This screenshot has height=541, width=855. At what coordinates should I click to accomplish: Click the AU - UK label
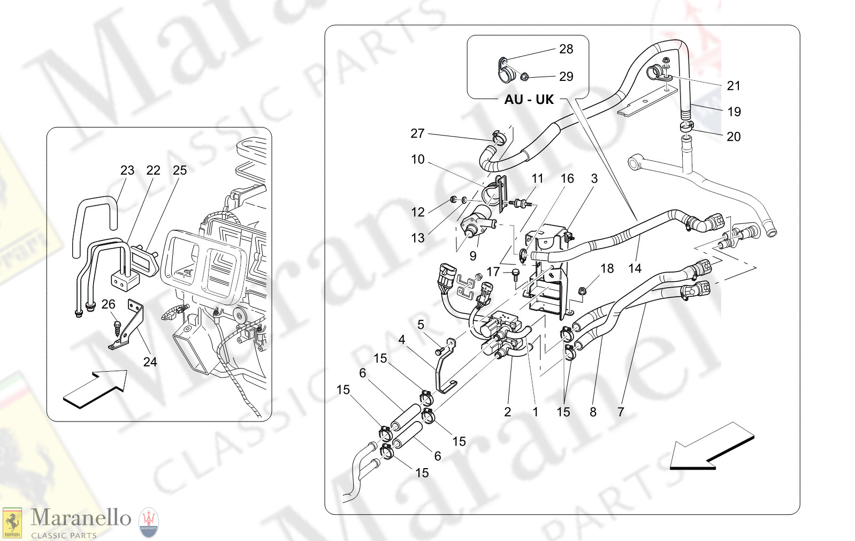529,100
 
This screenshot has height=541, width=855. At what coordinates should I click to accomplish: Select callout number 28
566,49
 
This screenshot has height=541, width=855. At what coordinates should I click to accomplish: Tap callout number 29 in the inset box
566,77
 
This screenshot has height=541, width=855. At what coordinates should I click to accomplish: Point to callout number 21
733,86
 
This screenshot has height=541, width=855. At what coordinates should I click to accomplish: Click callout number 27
417,133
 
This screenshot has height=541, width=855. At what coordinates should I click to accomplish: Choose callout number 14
635,268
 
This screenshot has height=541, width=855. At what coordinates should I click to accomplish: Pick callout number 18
607,268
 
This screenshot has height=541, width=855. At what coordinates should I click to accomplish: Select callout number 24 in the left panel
150,362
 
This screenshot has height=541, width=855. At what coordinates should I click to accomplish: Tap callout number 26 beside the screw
108,304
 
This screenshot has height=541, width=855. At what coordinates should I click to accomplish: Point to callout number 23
127,170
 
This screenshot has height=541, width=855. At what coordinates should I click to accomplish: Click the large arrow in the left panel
95,389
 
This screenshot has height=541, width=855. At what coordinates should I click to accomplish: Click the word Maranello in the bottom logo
81,517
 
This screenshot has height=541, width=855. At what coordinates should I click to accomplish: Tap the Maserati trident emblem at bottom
149,523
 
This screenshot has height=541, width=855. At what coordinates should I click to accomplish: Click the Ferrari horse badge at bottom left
12,523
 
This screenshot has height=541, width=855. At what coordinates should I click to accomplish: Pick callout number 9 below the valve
472,256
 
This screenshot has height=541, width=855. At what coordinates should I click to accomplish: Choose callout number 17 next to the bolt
493,272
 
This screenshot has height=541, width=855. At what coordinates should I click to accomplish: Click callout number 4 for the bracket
401,340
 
